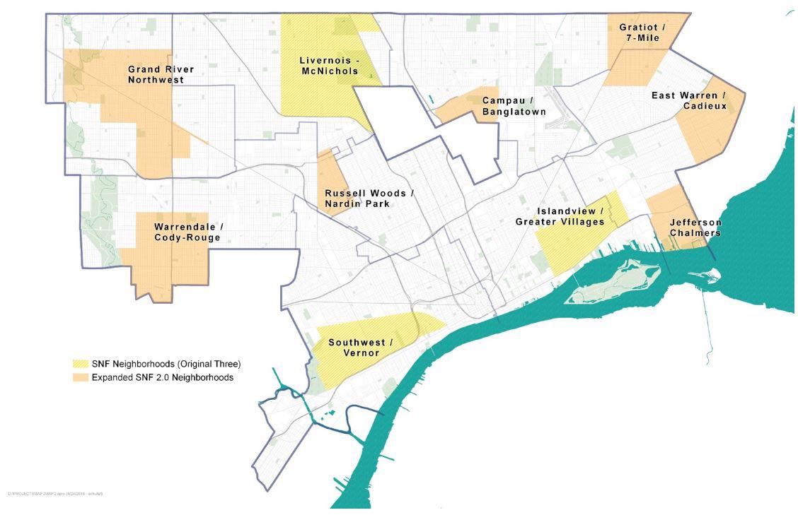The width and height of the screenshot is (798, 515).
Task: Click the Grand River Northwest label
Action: coord(161,74)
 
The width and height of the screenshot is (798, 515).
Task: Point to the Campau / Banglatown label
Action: coord(514,105)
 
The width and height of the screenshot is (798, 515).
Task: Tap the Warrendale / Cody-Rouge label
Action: coord(187,232)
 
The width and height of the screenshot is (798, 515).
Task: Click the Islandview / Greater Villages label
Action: coord(569,216)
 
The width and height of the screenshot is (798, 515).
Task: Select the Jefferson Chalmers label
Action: coord(695,227)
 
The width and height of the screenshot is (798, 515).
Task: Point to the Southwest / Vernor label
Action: coord(360,347)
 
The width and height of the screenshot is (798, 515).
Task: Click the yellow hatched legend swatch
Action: coord(81,364)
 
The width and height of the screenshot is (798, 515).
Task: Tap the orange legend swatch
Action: coord(81,377)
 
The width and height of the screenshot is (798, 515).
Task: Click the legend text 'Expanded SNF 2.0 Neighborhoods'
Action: coord(162,377)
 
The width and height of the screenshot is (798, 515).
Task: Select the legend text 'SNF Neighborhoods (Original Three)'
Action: coord(166,364)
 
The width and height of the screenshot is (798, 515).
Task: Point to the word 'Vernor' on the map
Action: coord(360,353)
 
